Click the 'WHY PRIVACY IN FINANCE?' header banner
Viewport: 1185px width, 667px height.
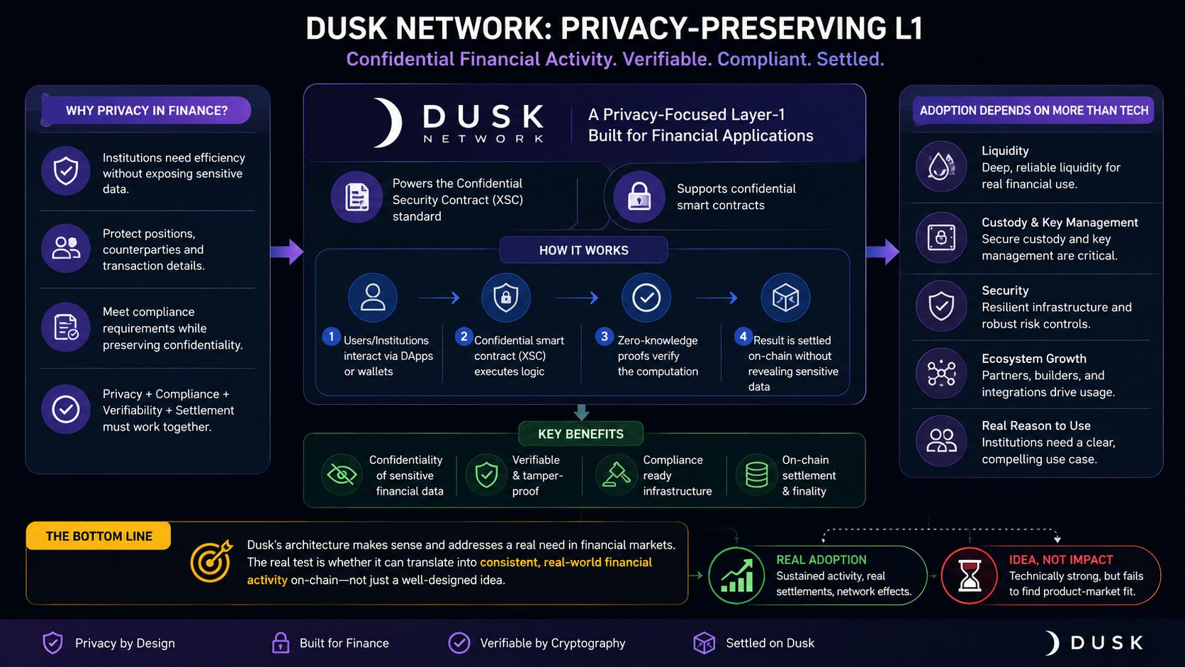(146, 111)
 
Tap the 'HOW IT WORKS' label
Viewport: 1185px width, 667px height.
(583, 250)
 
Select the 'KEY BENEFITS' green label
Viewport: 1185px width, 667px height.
(581, 434)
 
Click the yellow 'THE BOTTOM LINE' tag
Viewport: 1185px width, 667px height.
(99, 536)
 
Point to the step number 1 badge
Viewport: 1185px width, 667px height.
(331, 337)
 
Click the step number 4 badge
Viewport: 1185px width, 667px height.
(743, 337)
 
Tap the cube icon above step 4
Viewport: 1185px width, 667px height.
(785, 297)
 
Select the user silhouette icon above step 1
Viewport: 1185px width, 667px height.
(372, 297)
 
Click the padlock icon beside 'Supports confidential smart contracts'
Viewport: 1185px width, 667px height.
(639, 197)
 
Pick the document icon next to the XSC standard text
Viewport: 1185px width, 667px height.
(356, 197)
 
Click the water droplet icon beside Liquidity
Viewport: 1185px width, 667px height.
(941, 167)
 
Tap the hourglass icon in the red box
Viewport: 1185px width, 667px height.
(970, 576)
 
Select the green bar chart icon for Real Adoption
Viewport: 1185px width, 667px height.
(736, 576)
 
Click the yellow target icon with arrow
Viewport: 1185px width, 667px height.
(212, 561)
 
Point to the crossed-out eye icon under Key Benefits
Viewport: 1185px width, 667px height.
(342, 474)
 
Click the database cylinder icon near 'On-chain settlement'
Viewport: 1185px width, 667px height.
(756, 474)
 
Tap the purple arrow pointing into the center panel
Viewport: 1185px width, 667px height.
(287, 251)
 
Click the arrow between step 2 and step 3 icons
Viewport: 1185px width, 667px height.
(577, 298)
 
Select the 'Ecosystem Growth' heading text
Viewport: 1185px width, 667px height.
(1034, 358)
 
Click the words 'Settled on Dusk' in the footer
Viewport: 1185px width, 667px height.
(770, 643)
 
